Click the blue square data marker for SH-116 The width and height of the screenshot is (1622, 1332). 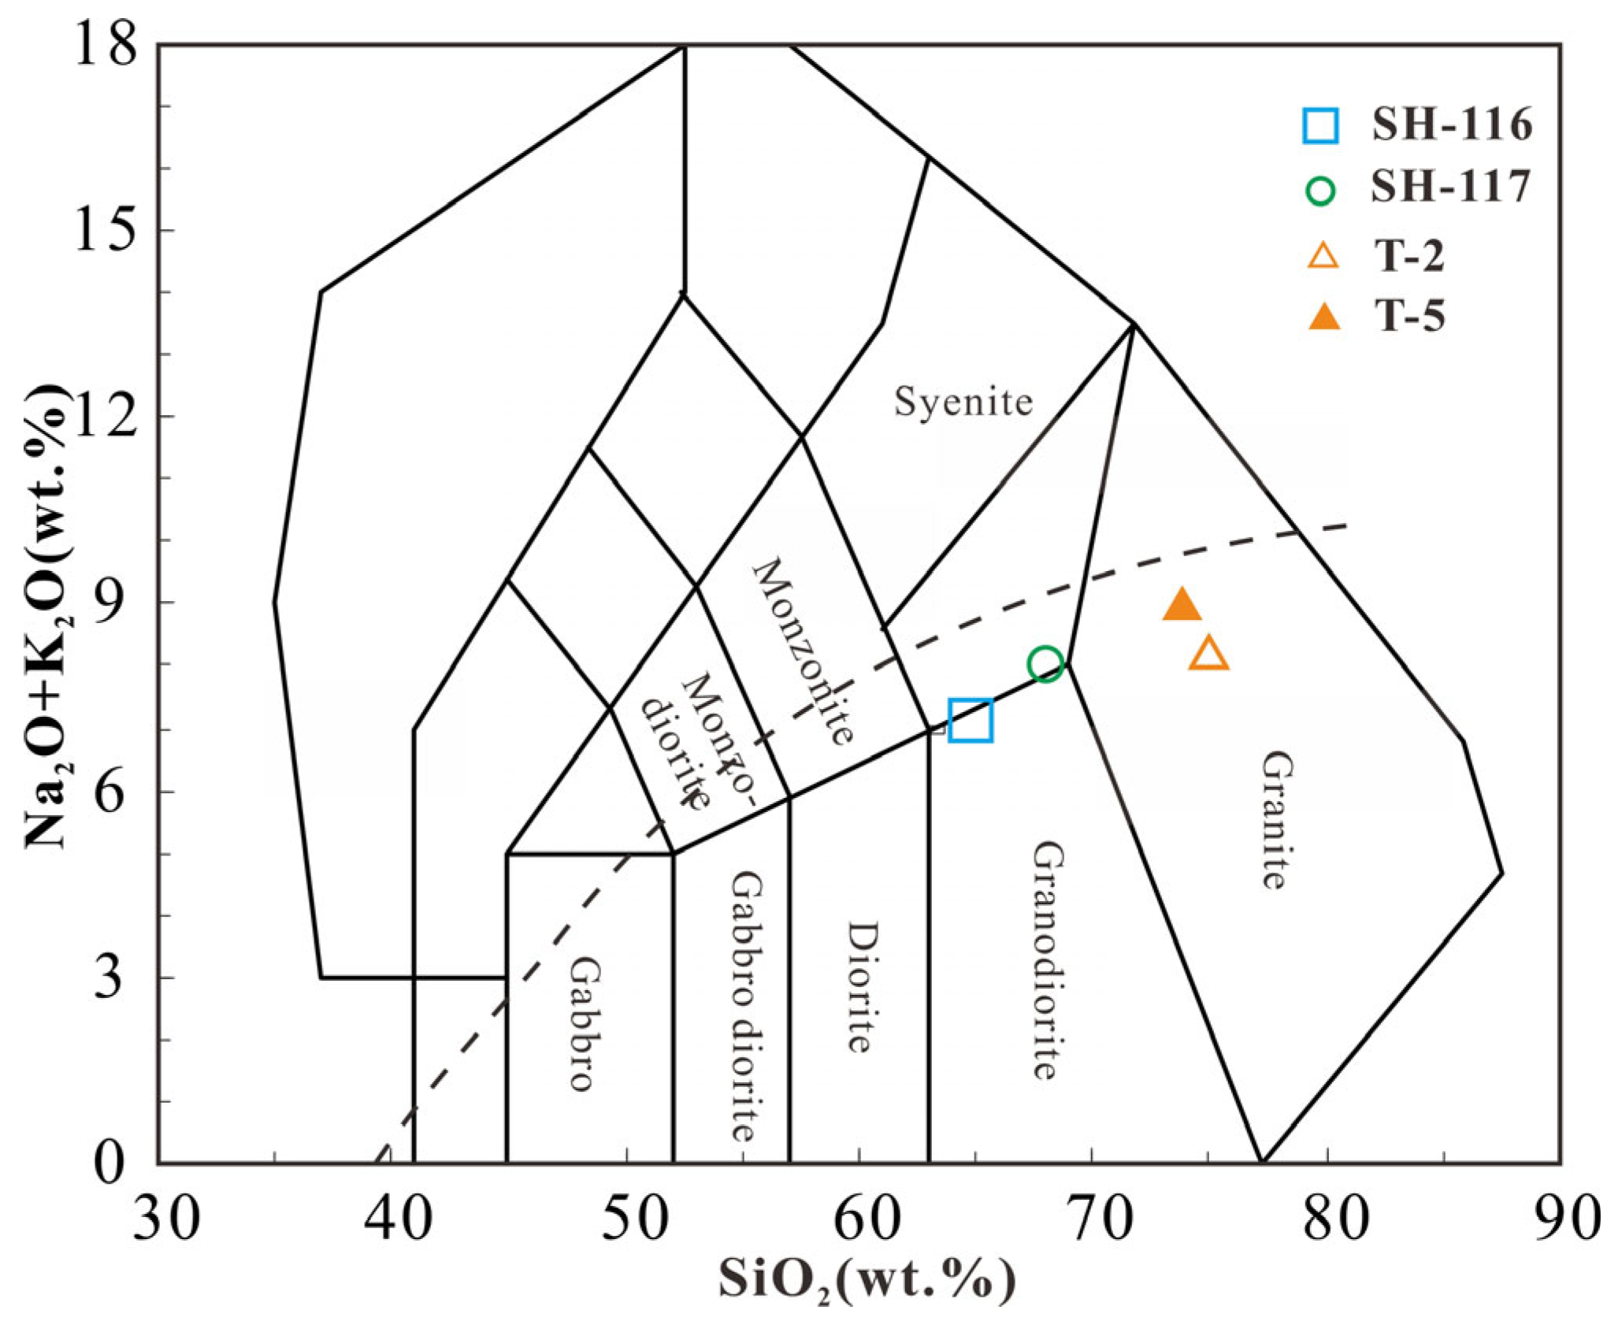point(970,720)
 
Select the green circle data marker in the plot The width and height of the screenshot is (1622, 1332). point(1045,664)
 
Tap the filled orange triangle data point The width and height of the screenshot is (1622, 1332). point(1181,606)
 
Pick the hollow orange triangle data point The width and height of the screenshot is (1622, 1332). point(1208,654)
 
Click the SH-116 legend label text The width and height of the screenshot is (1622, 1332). point(1451,125)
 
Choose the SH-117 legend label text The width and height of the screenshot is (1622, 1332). point(1449,187)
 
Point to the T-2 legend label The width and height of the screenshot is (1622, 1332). point(1409,256)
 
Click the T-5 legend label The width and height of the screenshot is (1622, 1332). point(1410,317)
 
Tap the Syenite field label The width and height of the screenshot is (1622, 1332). point(963,403)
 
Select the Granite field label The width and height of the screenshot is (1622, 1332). point(1275,820)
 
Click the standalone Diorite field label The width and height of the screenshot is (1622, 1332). point(861,987)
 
